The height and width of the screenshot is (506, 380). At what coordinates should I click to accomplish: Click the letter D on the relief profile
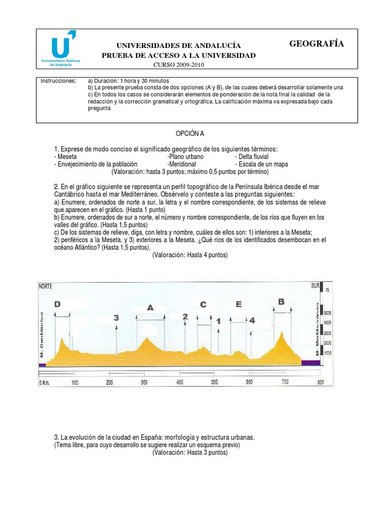pos(57,304)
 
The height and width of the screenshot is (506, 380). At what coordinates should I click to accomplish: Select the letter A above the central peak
pos(150,308)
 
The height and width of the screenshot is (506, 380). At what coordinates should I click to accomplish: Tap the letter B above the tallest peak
pos(281,301)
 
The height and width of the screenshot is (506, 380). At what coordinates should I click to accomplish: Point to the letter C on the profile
pos(203,304)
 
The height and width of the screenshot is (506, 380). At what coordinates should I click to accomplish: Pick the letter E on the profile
pos(238,304)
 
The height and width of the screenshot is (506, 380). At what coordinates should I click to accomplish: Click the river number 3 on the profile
pos(116,318)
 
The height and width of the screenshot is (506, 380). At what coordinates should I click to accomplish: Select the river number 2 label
pos(185,317)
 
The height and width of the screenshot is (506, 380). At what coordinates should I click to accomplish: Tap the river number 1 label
pos(218,321)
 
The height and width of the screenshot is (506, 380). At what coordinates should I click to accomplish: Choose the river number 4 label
pos(252,320)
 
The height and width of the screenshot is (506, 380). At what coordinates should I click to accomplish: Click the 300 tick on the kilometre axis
pos(144,382)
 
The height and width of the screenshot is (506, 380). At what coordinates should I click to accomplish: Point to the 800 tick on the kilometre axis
pos(320,382)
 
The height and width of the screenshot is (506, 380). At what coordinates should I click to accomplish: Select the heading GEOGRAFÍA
pos(316,44)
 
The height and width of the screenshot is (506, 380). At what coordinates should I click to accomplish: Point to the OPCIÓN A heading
pos(190,133)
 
